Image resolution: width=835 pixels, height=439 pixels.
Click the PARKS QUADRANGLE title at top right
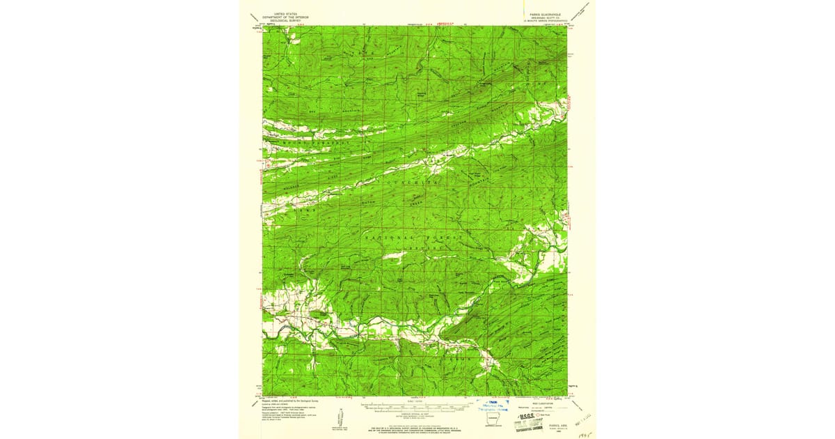538,13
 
